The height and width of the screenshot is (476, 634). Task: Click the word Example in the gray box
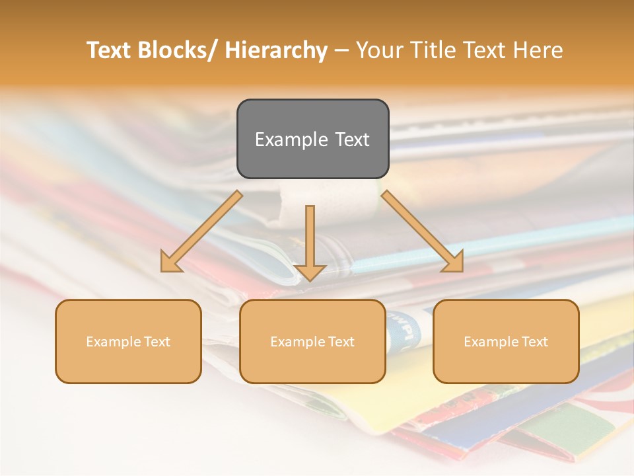pos(291,140)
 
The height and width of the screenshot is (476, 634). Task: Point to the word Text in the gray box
pos(351,140)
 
